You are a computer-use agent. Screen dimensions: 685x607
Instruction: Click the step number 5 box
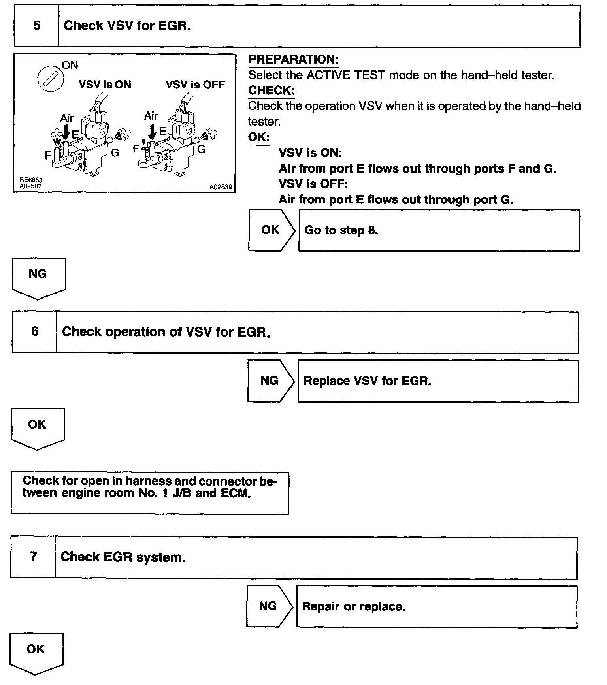tap(36, 26)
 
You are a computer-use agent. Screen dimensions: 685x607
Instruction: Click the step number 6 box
tap(35, 332)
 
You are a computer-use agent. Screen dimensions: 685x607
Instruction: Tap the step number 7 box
tap(33, 557)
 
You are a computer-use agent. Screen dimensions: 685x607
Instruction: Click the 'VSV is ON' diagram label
tap(105, 85)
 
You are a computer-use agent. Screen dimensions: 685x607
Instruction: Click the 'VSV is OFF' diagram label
tap(195, 85)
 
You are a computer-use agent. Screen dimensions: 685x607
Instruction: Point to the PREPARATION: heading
tap(293, 60)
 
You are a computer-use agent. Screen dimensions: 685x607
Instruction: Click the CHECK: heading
tap(271, 90)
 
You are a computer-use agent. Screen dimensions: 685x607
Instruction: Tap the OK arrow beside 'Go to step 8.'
tap(271, 230)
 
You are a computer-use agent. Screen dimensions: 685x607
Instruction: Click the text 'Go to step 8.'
tap(341, 230)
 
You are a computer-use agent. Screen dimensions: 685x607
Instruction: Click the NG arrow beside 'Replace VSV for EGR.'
tap(270, 381)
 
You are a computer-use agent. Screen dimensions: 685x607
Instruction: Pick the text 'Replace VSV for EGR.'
tap(367, 381)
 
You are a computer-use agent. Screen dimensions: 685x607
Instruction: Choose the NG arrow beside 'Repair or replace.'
tap(269, 606)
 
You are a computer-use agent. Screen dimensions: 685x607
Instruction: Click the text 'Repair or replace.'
tap(354, 606)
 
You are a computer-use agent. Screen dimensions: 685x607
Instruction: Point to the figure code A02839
tap(221, 187)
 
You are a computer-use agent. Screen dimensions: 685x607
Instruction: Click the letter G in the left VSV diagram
tap(115, 153)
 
